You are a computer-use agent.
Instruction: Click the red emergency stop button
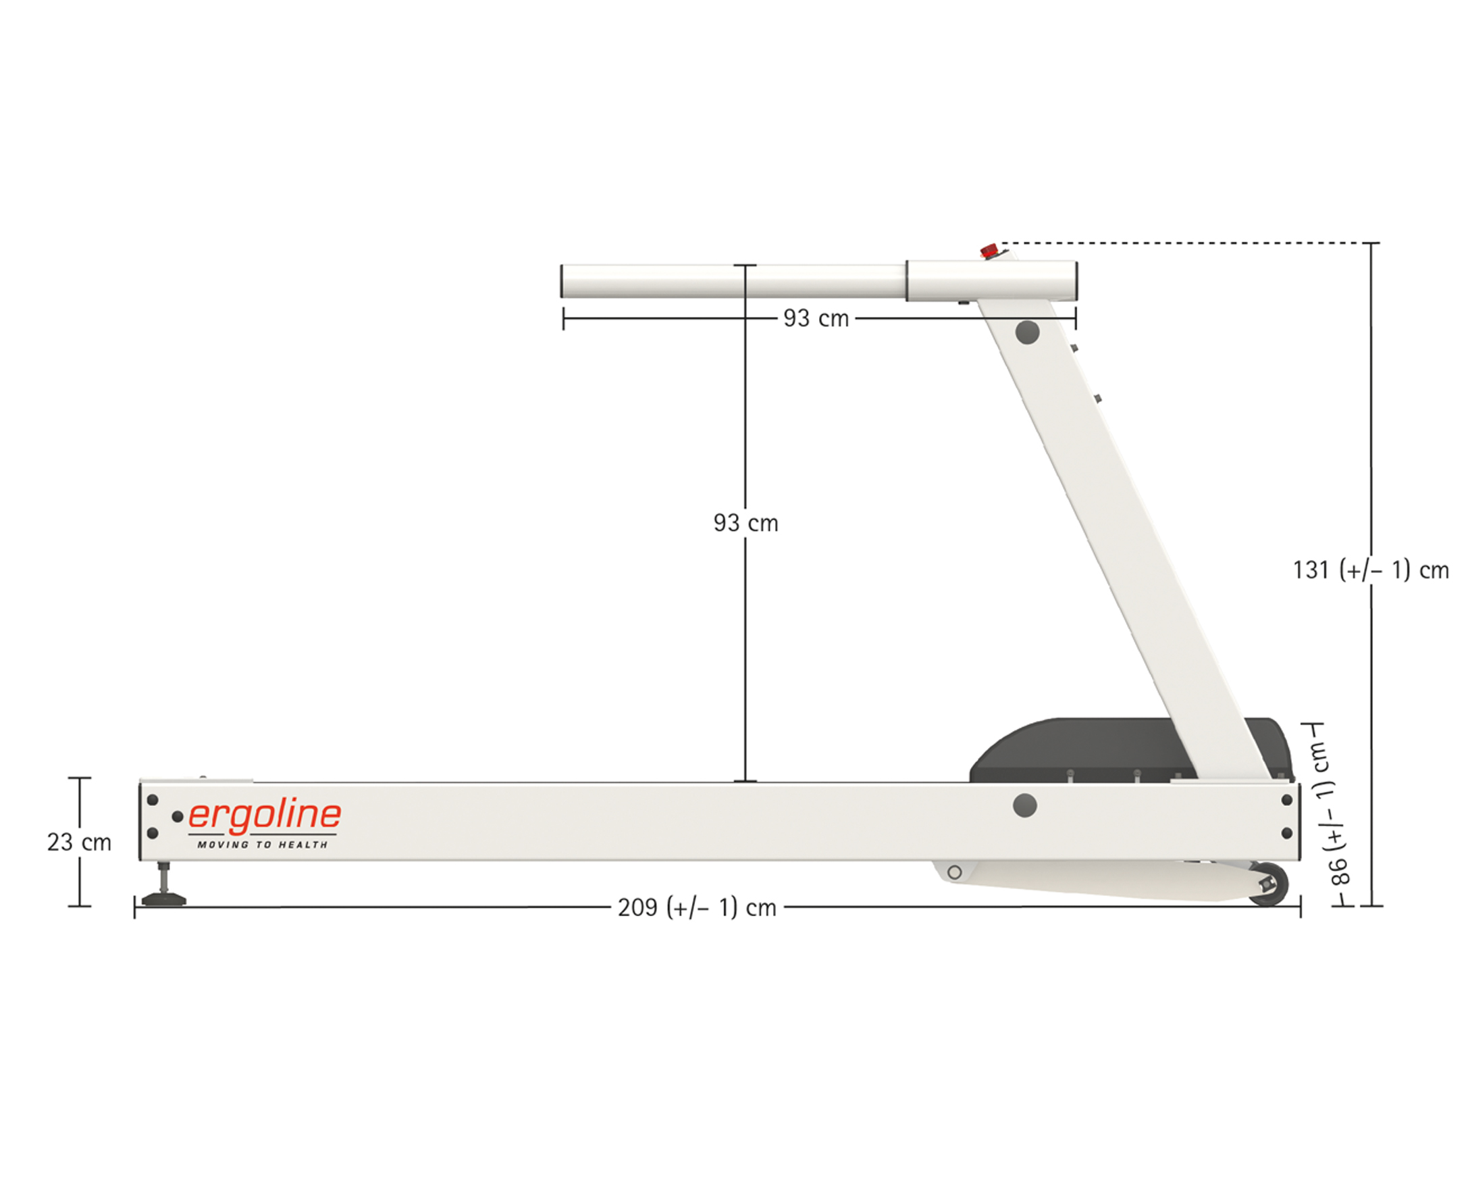pos(989,250)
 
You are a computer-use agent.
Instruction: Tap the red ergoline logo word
pos(264,818)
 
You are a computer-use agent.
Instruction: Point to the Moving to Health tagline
pos(263,845)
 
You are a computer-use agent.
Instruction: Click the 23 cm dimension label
pos(79,843)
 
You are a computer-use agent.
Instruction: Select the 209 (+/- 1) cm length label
pos(697,907)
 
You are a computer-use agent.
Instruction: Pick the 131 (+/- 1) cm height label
pos(1371,570)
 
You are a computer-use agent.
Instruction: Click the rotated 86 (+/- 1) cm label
pos(1334,815)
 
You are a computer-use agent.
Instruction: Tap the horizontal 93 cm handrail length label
pos(816,318)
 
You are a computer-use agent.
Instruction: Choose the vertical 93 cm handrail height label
pos(745,523)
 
